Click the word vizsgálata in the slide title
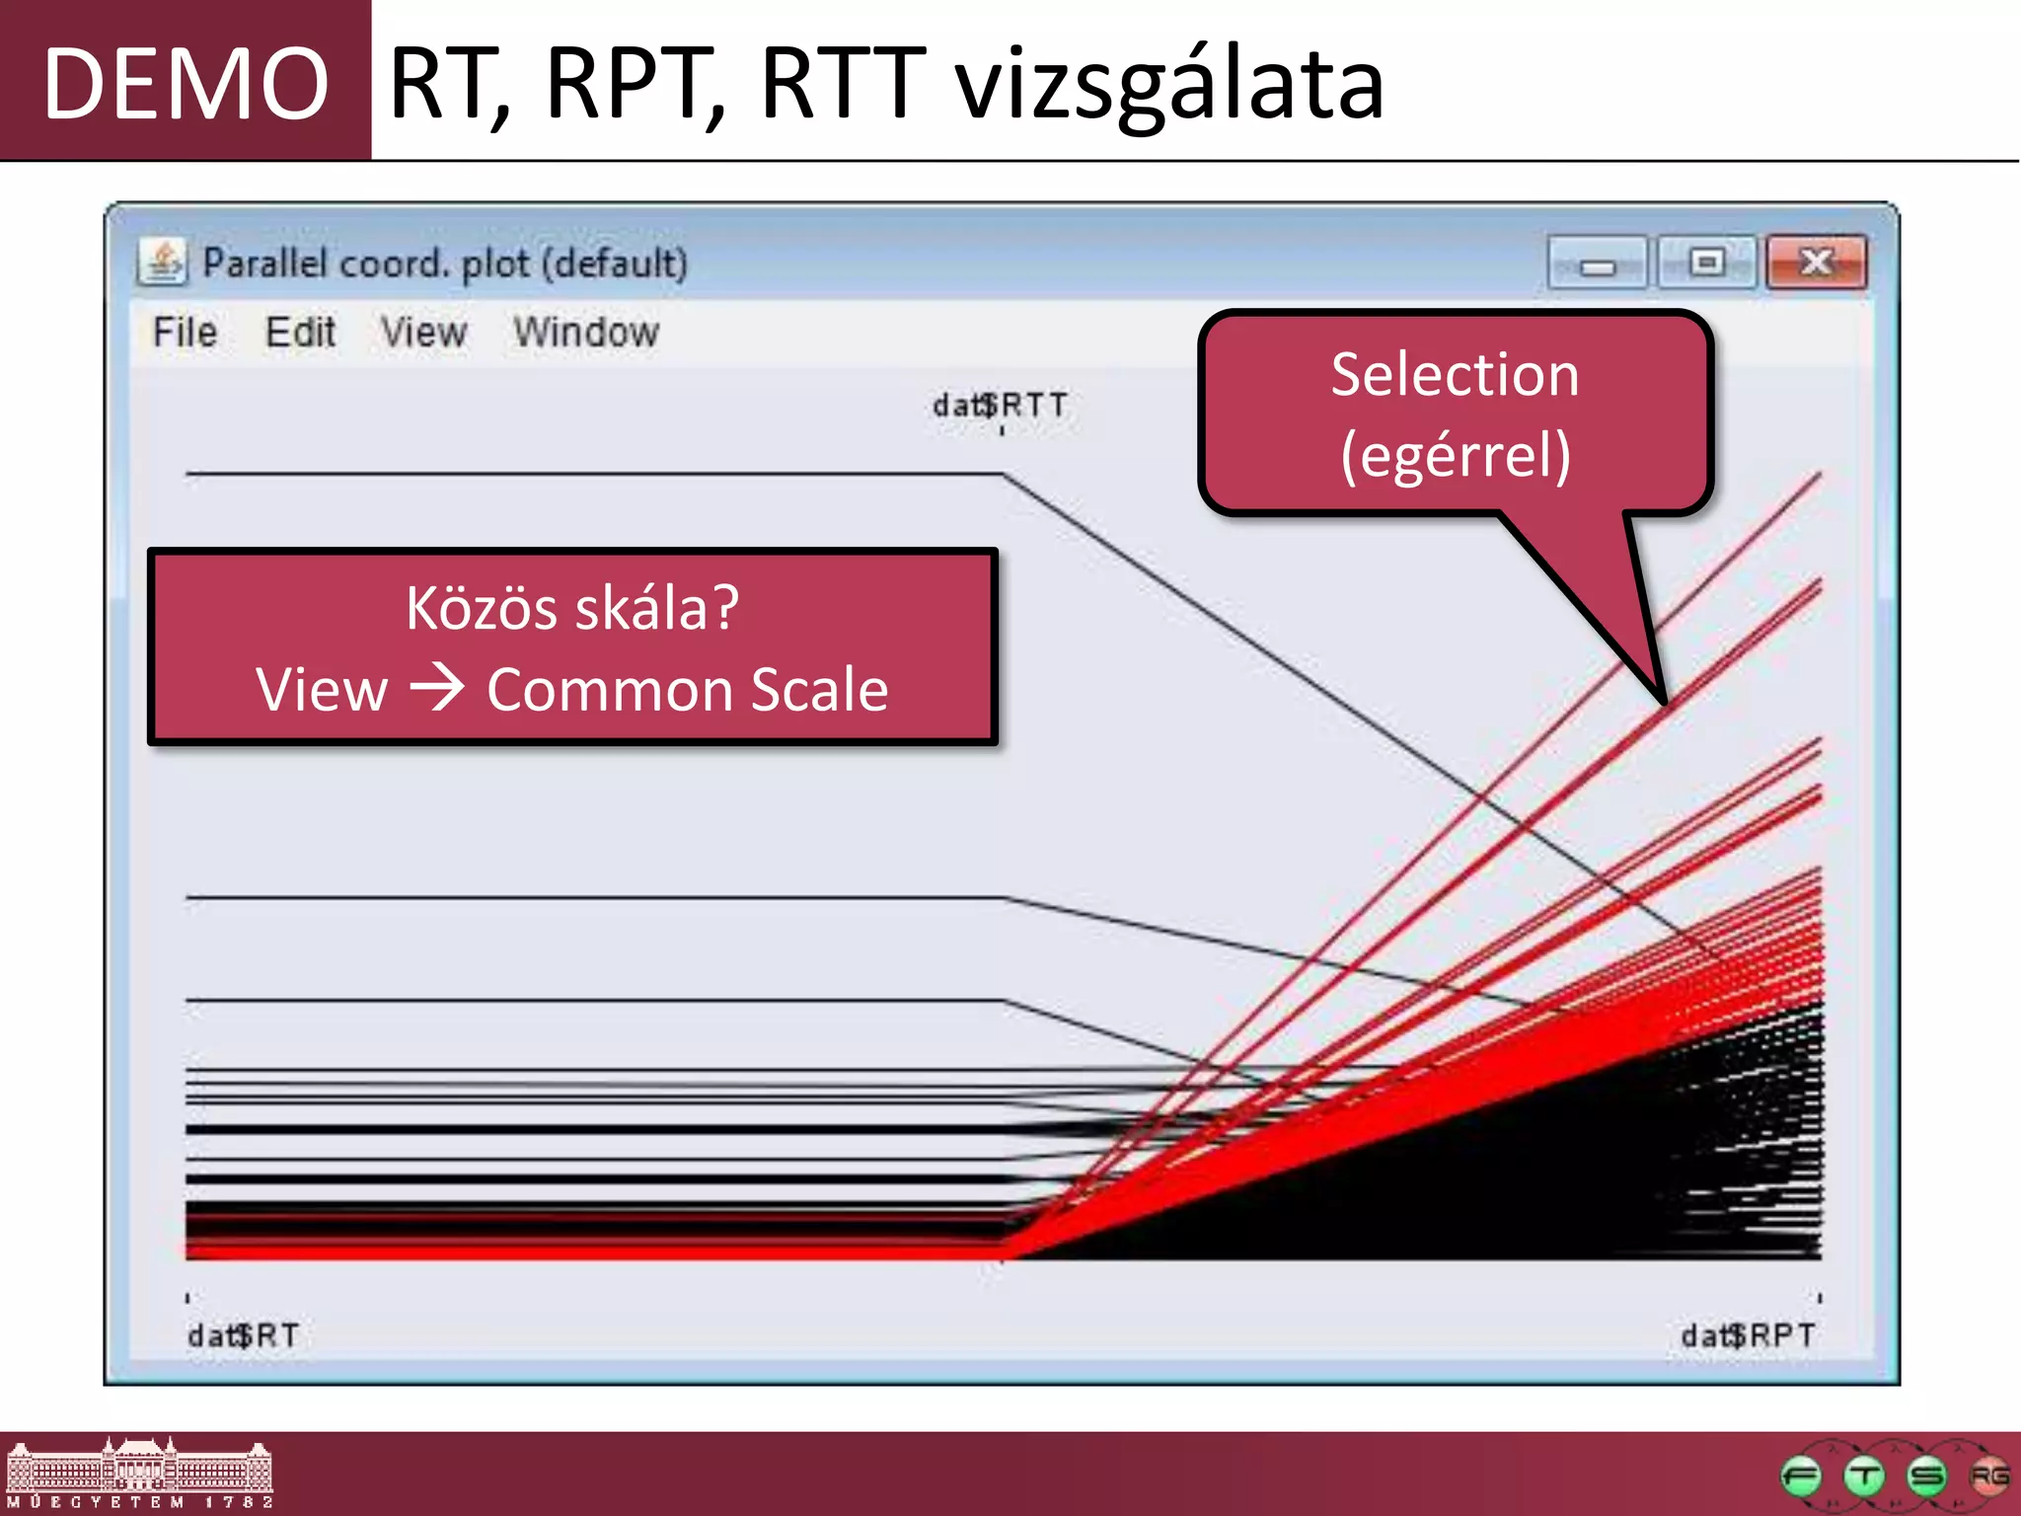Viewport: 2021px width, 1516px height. click(1169, 85)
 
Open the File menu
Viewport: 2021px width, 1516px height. click(185, 333)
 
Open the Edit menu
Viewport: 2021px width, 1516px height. click(300, 333)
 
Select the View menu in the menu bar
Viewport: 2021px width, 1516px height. click(423, 333)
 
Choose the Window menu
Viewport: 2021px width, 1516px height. click(586, 333)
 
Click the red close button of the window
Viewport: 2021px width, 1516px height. click(1815, 263)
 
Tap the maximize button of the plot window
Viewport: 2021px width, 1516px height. click(1706, 263)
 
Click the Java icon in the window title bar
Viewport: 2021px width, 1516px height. click(163, 263)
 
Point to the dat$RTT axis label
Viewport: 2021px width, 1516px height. click(1000, 406)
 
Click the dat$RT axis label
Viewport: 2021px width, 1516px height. click(243, 1335)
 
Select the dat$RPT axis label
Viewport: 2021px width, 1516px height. click(1747, 1335)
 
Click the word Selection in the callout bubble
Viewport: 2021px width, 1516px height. click(1455, 375)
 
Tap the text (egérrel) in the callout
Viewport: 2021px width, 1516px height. click(1455, 456)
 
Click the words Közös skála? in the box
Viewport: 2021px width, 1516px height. click(572, 608)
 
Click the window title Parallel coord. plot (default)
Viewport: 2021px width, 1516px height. click(445, 264)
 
